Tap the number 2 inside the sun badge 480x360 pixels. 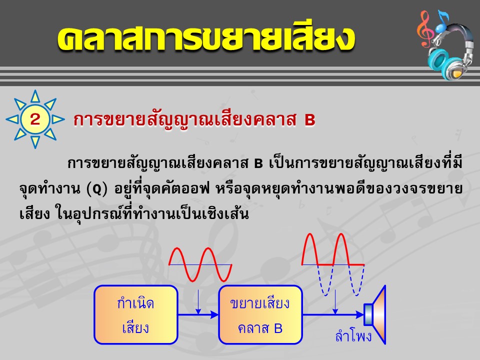(35, 119)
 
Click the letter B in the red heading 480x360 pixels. (310, 119)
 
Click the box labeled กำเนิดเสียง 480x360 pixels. (136, 314)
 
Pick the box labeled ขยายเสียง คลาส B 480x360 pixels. (260, 314)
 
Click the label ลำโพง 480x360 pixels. (353, 336)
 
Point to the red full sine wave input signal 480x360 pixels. (200, 264)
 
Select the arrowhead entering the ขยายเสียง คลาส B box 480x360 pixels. (214, 314)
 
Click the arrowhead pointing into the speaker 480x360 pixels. (359, 314)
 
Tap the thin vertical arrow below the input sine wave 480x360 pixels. (198, 302)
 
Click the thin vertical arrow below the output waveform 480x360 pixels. (335, 302)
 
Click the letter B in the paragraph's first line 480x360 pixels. (258, 164)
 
